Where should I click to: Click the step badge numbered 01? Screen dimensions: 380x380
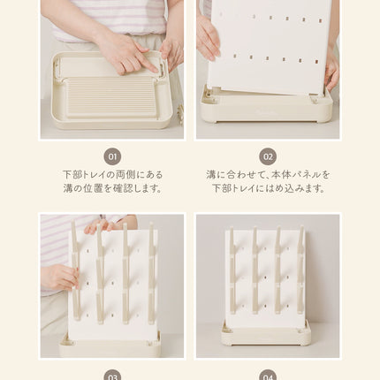point(112,156)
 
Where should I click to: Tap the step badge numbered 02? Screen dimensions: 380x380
point(268,156)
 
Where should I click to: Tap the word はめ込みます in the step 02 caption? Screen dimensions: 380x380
point(295,188)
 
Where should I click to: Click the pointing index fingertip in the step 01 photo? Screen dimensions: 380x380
point(156,70)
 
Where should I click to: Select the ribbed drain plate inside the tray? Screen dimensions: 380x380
point(111,97)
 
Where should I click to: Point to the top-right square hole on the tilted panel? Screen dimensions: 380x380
point(321,21)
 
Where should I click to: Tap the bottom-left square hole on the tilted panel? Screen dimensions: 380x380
point(234,56)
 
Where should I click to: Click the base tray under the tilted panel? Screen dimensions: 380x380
point(267,109)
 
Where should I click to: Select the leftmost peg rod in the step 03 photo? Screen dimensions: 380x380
point(75,270)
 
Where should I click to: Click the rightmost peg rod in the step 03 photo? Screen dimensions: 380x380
point(151,273)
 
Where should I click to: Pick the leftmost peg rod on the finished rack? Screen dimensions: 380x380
point(232,270)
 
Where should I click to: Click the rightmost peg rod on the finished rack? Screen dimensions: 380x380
point(300,270)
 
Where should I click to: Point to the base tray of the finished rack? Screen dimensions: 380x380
point(266,334)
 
